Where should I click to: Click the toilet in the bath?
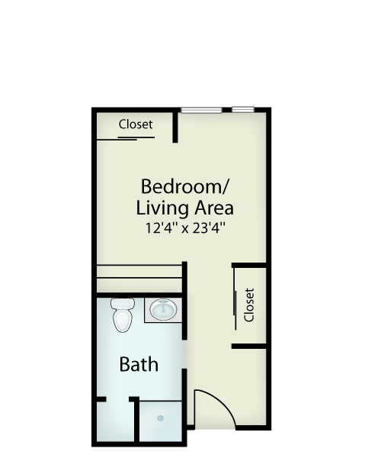click(x=123, y=314)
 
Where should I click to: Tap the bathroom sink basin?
click(x=163, y=309)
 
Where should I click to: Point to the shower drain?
click(x=160, y=418)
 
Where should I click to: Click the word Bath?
click(x=139, y=364)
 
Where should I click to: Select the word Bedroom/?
click(x=185, y=186)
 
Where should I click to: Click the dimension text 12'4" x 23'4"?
click(x=186, y=228)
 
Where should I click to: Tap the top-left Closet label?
click(x=136, y=124)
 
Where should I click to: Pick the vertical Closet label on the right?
click(x=249, y=305)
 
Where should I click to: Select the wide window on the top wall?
click(x=201, y=110)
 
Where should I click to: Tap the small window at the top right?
click(x=243, y=109)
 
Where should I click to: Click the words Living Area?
click(x=185, y=208)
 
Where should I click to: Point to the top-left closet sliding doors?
click(x=126, y=138)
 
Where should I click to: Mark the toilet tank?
click(x=123, y=304)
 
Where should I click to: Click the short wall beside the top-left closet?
click(x=175, y=127)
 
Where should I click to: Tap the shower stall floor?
click(x=161, y=421)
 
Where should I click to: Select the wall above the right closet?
click(x=249, y=265)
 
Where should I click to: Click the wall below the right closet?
click(x=249, y=346)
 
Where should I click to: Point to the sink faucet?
click(x=164, y=304)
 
